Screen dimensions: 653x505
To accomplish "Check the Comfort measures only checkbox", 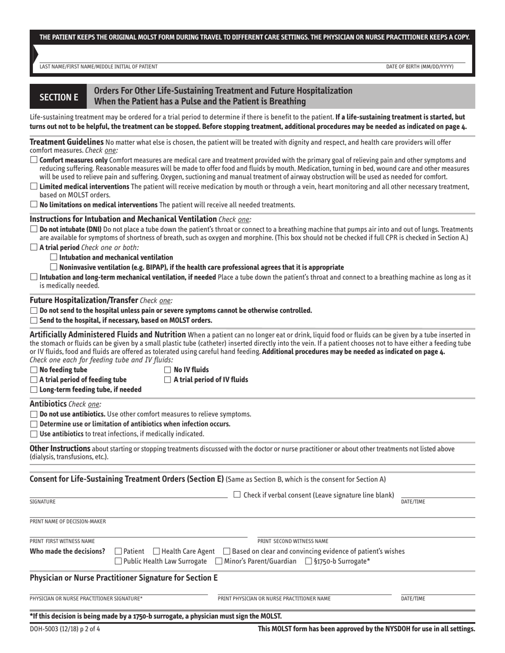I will tap(33, 160).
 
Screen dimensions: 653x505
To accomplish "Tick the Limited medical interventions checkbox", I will tap(33, 186).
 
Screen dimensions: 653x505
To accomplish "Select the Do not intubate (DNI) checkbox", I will tap(33, 229).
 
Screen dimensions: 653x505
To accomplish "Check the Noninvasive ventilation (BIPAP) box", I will tap(53, 267).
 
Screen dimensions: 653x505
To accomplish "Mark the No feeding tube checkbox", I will tap(33, 370).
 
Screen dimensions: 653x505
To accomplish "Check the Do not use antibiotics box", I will tap(33, 414).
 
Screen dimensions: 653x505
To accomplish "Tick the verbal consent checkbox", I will tap(237, 495).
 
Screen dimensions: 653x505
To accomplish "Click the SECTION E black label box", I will tap(58, 97).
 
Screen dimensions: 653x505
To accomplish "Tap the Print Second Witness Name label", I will tap(293, 542).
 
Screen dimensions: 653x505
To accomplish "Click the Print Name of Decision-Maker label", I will tap(68, 521).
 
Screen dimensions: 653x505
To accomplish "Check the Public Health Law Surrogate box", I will tap(118, 561).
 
